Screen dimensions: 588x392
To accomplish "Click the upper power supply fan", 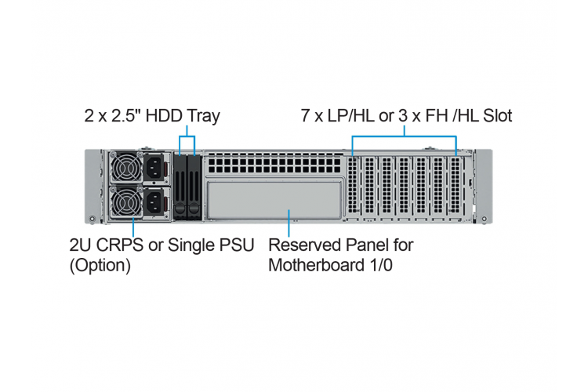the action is [126, 167].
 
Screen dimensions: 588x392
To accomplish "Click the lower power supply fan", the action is [126, 202].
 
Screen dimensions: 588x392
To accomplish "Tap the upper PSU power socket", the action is [154, 168].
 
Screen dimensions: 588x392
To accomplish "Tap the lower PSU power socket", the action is [154, 202].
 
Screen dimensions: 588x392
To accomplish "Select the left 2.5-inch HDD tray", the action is [180, 187].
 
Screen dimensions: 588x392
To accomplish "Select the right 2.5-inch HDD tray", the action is [194, 187].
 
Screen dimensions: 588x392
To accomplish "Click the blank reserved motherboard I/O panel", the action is [274, 201].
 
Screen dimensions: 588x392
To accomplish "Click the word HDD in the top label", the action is [164, 115].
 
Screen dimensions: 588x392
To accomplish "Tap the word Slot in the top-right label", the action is [497, 115].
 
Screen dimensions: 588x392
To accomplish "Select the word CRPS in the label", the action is [120, 245].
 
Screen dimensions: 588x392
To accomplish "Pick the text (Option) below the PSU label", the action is [100, 266].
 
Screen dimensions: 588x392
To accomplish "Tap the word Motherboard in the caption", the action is [317, 265].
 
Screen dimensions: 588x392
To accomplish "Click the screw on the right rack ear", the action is [485, 218].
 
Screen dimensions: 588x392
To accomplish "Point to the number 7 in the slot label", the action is [305, 115].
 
